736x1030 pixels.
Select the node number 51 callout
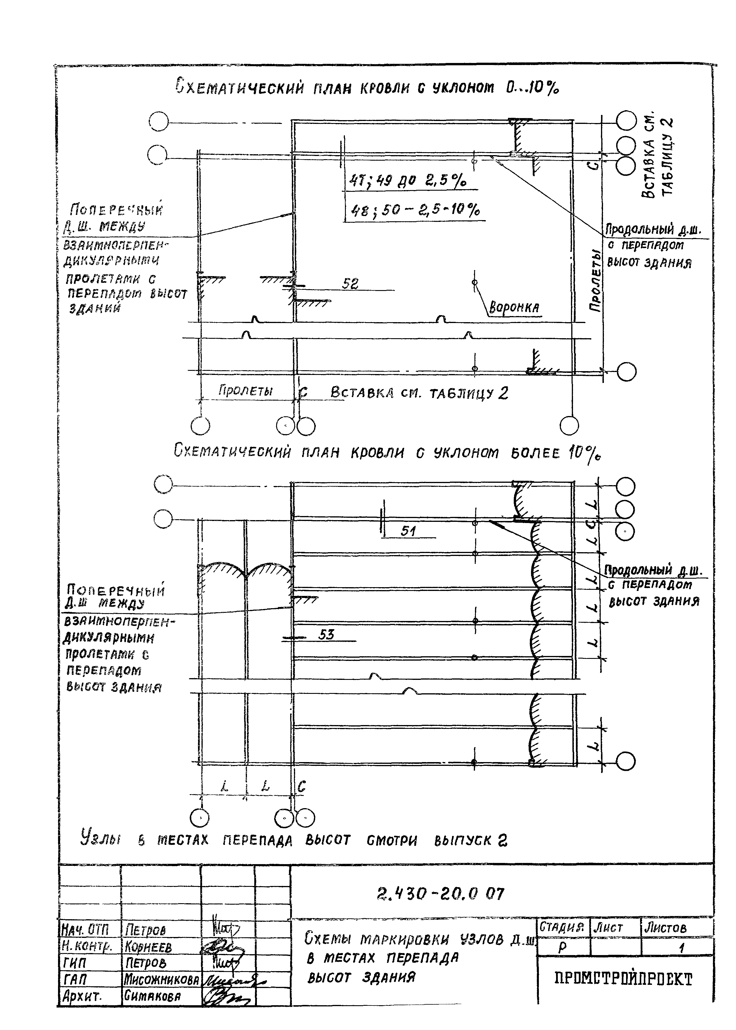pos(408,531)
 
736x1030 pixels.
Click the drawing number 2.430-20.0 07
pos(440,894)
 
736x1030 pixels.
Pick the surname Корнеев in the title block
pos(148,947)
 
